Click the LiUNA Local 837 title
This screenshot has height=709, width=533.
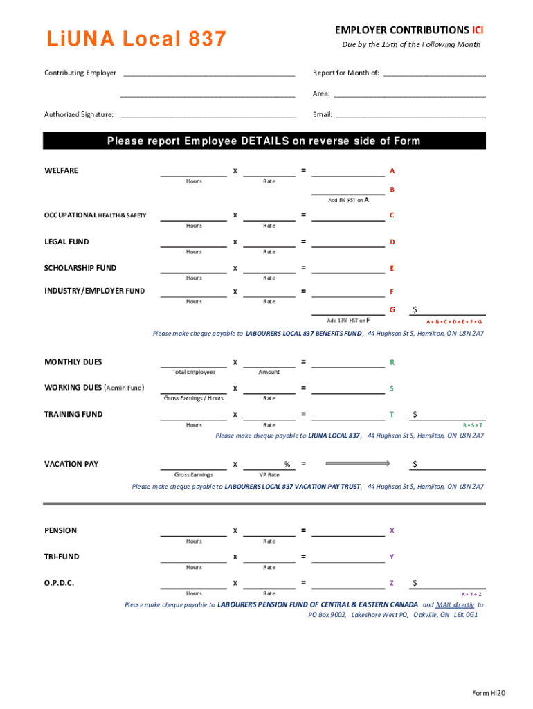(x=136, y=39)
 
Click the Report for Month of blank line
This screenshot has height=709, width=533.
(x=434, y=75)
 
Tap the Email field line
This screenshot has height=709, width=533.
(x=410, y=116)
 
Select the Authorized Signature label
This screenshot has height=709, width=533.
(x=79, y=114)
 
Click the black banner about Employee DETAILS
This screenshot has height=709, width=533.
(x=264, y=141)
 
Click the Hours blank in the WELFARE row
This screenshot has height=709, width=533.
(x=194, y=174)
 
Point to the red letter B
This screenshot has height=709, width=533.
(x=392, y=190)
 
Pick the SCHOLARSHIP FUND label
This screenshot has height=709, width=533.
(x=80, y=268)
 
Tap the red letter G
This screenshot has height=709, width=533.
(x=392, y=309)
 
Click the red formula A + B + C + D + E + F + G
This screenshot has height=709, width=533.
(x=454, y=322)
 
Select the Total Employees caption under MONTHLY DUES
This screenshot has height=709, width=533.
(x=194, y=372)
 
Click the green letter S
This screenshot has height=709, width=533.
(x=392, y=388)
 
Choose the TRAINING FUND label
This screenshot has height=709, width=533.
(x=73, y=414)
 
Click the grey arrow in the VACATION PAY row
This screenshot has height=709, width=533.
(x=358, y=463)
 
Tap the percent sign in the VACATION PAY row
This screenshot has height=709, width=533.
(x=287, y=464)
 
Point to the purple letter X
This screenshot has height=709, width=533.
(x=392, y=530)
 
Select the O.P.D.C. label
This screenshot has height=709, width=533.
(x=60, y=583)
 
